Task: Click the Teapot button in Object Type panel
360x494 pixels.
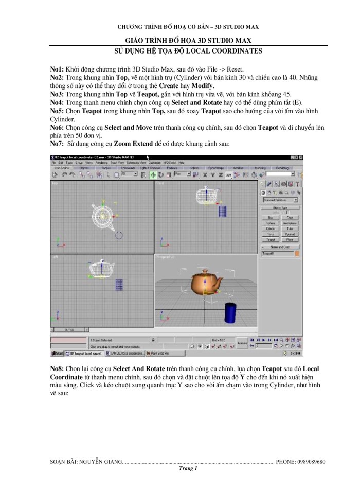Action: (270, 239)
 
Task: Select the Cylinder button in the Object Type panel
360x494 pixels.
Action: (270, 228)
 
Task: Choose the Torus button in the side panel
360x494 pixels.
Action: (270, 234)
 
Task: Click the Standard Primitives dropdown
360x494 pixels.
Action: (280, 200)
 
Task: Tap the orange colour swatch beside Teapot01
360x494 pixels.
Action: (297, 253)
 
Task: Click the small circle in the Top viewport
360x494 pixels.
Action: (119, 236)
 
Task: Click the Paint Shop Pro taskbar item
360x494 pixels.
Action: (159, 354)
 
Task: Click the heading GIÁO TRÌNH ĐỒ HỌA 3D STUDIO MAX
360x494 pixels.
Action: (188, 40)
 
